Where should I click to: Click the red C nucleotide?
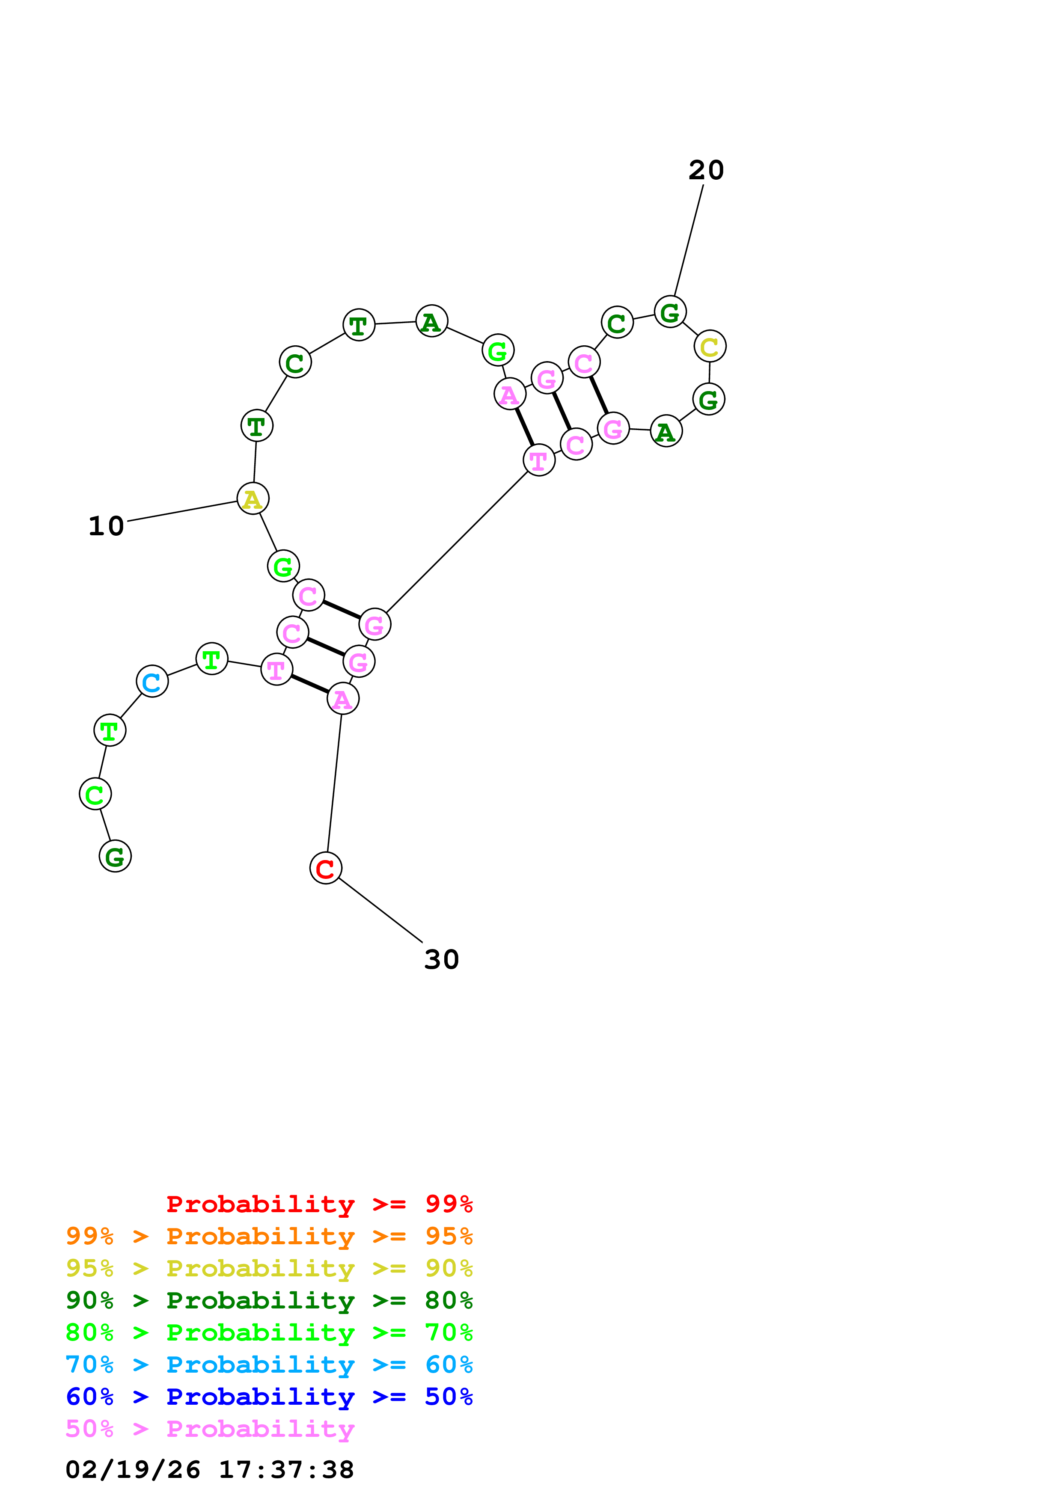click(326, 868)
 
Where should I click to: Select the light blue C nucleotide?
click(152, 682)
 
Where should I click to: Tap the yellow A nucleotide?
click(253, 499)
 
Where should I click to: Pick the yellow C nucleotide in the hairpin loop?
click(709, 347)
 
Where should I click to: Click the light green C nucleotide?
click(95, 794)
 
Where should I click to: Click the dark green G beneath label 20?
click(670, 312)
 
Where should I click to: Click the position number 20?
click(706, 171)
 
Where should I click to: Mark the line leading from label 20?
click(689, 240)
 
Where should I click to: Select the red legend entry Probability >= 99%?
click(319, 1204)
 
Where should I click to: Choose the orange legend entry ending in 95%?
click(269, 1236)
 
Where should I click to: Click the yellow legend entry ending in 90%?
click(269, 1268)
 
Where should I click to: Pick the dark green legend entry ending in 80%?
click(269, 1300)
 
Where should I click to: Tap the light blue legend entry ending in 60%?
click(269, 1365)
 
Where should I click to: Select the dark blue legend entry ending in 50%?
click(269, 1397)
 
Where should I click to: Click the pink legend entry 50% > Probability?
click(210, 1428)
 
